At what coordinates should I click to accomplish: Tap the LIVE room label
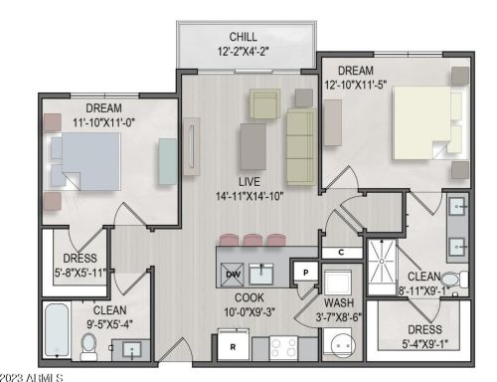point(248,181)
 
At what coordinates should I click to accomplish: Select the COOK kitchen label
point(248,296)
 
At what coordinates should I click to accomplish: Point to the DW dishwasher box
point(233,274)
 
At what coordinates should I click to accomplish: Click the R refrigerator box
point(232,347)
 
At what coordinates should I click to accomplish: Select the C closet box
point(341,253)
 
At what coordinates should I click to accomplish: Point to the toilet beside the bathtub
point(87,345)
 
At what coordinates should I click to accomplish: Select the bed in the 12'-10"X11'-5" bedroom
point(427,121)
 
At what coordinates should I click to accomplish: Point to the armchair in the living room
point(265,102)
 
